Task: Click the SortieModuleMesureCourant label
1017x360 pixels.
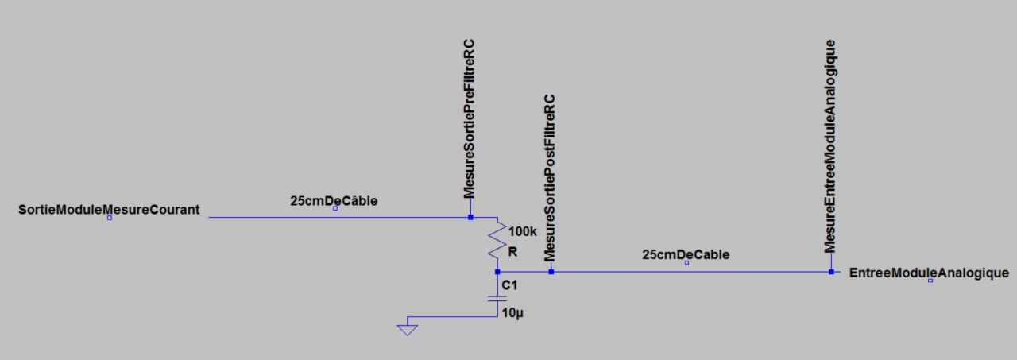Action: [x=109, y=210]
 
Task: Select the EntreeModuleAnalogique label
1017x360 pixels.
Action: [x=929, y=273]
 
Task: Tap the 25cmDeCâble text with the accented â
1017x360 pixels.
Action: [x=334, y=201]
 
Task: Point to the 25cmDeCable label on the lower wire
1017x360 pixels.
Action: [x=686, y=254]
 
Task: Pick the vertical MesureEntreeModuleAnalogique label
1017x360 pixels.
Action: [x=830, y=145]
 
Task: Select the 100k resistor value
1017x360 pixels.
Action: [x=522, y=231]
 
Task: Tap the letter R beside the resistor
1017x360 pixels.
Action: [x=512, y=251]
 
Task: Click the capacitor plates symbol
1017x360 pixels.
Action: [x=497, y=299]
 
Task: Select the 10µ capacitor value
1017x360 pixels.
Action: [x=512, y=313]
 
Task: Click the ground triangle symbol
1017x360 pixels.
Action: [x=407, y=327]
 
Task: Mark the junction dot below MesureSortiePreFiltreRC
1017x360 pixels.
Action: [x=470, y=217]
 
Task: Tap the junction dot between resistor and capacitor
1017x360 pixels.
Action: [x=497, y=272]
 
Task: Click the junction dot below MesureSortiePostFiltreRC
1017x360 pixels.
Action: [x=551, y=272]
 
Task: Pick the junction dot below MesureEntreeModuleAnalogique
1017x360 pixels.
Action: [x=830, y=272]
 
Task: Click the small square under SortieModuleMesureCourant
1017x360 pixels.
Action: [x=110, y=218]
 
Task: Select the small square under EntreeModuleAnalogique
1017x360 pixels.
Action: [x=930, y=281]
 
